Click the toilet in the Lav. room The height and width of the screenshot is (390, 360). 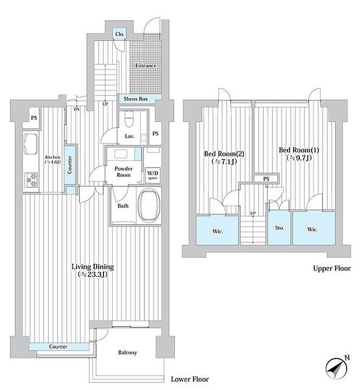pos(129,119)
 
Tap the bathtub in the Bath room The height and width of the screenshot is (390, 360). pos(149,205)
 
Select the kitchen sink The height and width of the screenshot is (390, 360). pos(30,144)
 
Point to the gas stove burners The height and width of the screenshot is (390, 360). pos(31,180)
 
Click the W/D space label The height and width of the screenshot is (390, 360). pos(153,175)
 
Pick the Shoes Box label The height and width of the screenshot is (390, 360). pos(136,99)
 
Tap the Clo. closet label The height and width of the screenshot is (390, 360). pos(120,34)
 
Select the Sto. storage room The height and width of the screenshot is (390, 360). pos(279,228)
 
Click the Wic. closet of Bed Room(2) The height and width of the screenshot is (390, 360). pos(218,230)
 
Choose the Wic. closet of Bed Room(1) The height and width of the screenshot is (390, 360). pos(314,228)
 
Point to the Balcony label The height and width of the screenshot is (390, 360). pos(128,352)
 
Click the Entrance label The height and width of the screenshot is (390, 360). pos(146,66)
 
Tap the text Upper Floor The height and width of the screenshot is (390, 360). pos(332,269)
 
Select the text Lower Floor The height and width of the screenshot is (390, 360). pos(190,379)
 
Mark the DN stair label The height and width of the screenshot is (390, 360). pos(77,109)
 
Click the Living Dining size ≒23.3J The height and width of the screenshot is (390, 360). pos(93,275)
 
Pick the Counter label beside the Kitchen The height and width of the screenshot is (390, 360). pos(70,165)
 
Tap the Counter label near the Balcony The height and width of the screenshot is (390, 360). pos(58,346)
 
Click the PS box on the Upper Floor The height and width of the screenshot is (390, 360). pos(266,179)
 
